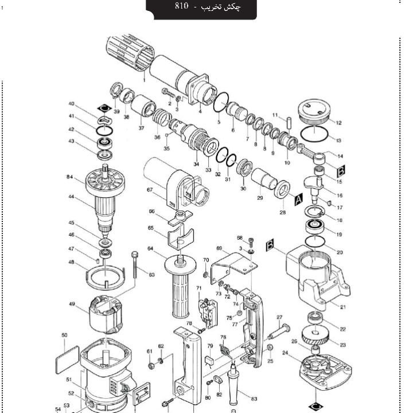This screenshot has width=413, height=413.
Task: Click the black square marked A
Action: (298, 200)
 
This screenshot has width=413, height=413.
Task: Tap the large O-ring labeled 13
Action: (314, 135)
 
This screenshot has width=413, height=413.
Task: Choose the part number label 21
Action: (343, 307)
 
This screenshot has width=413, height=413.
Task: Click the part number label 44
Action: (72, 197)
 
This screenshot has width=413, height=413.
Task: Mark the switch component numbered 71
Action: (207, 310)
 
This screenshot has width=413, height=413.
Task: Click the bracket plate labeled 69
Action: (229, 268)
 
